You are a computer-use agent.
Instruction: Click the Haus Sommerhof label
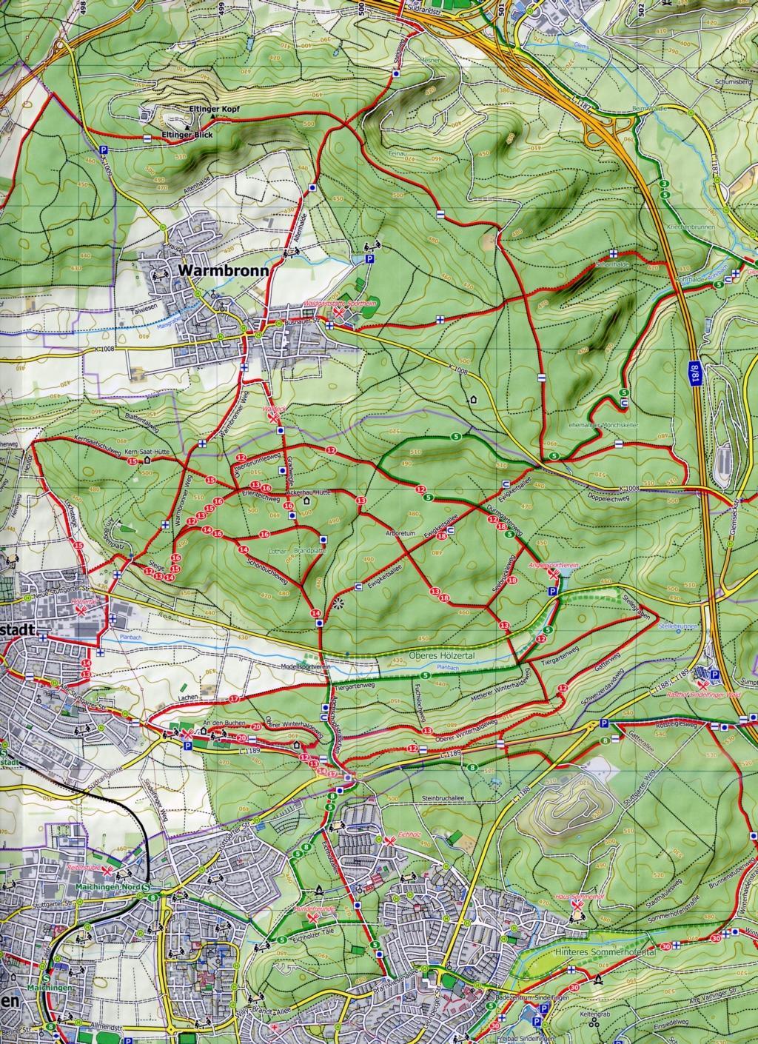pyautogui.click(x=576, y=897)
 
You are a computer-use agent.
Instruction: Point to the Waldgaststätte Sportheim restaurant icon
pyautogui.click(x=339, y=315)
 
